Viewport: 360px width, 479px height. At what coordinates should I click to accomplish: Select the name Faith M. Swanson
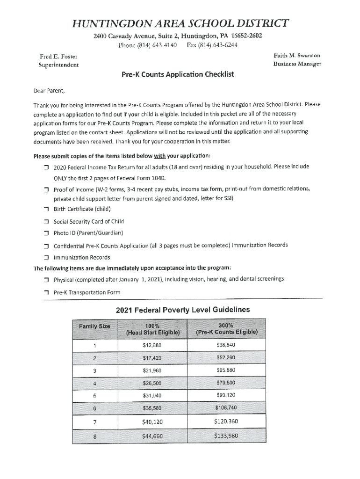tap(297, 56)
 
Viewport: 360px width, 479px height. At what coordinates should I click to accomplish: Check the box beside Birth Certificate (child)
tap(46, 209)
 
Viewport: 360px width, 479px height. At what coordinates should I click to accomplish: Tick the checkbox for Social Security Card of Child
tap(46, 221)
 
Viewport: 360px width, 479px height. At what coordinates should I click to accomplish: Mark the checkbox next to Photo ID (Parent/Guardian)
tap(46, 233)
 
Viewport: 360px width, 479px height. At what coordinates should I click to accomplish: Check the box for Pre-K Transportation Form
tap(46, 292)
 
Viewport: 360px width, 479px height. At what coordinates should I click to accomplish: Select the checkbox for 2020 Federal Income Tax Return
tap(46, 167)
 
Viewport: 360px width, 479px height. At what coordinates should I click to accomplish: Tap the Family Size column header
tap(94, 326)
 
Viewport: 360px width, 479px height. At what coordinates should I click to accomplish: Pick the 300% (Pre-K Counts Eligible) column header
tap(226, 329)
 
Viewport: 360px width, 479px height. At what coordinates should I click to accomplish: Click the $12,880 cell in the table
tap(152, 346)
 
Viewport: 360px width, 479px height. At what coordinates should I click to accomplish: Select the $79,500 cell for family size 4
tap(226, 383)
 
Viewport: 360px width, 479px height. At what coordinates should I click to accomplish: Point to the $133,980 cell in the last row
tap(226, 436)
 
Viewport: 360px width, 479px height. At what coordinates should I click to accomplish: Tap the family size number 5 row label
tap(94, 395)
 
